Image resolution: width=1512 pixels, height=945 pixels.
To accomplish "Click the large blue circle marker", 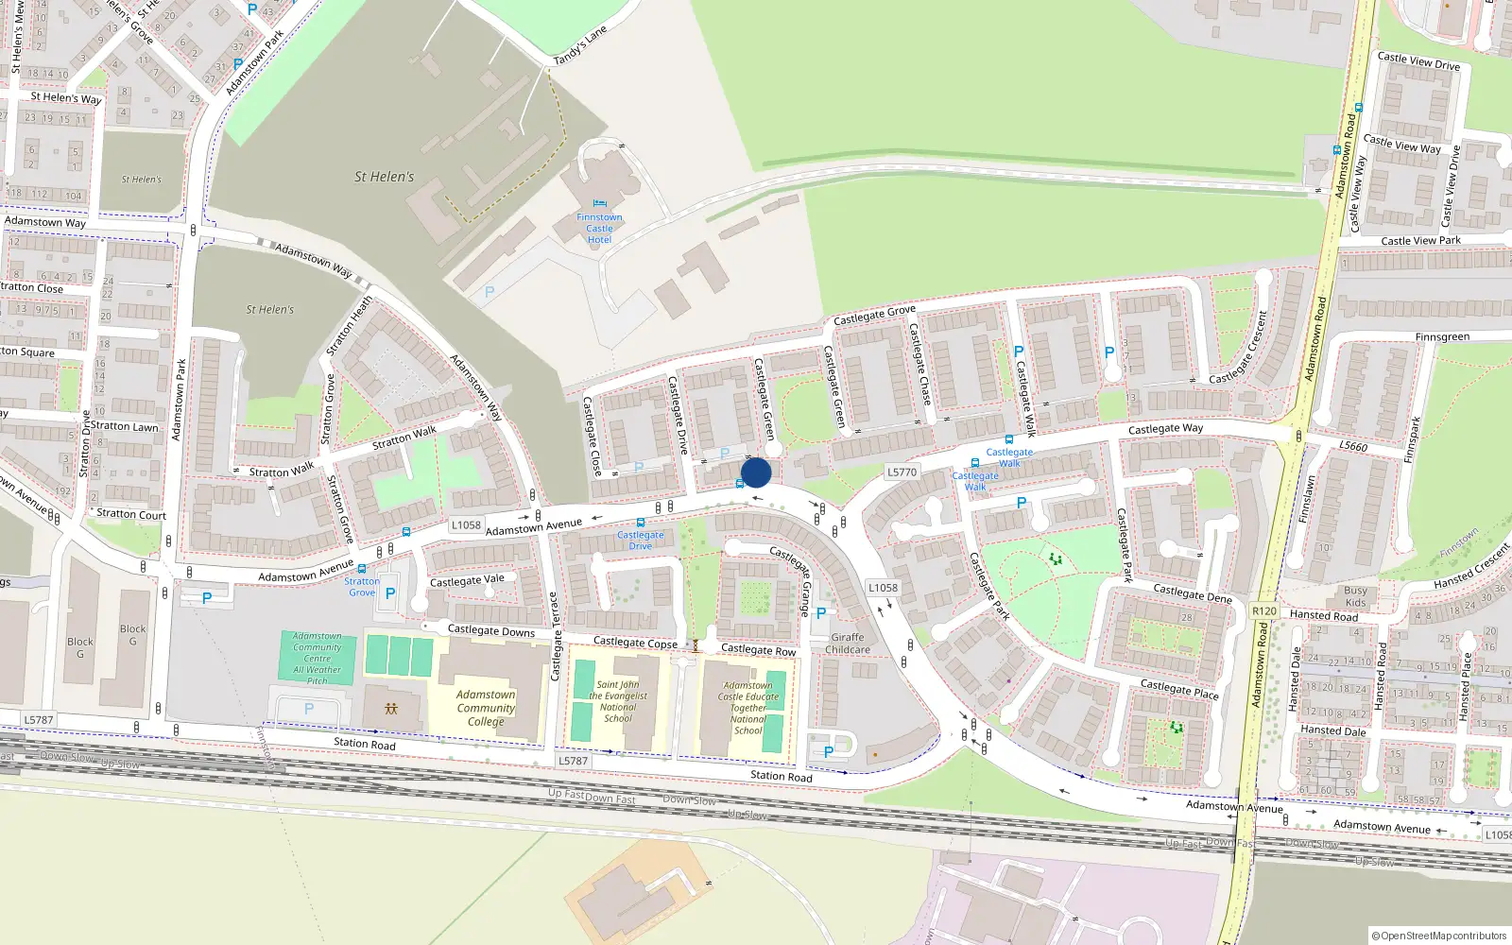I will [x=756, y=472].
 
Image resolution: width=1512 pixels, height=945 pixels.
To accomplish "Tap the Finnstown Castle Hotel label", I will [x=599, y=229].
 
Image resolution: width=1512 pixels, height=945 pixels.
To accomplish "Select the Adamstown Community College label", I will [x=486, y=708].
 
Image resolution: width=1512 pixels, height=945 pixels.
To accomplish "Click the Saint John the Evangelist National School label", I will [x=618, y=701].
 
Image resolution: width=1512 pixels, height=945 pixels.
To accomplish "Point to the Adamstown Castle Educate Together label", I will [x=748, y=708].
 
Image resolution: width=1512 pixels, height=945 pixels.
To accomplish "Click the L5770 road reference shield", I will [x=902, y=472].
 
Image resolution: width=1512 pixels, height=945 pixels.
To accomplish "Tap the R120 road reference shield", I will [x=1264, y=611].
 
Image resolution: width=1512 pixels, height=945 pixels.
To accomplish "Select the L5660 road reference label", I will [x=1353, y=446].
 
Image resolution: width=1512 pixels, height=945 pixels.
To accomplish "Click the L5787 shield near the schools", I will [x=573, y=761].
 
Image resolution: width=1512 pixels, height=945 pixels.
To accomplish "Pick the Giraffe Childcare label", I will [x=848, y=644].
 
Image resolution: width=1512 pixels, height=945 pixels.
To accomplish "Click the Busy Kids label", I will [x=1355, y=596].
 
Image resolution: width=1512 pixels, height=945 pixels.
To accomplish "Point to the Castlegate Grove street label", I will [x=874, y=315].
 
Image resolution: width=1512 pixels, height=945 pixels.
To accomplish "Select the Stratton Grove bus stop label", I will [x=362, y=587].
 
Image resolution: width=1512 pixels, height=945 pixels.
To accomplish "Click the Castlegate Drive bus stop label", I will [x=641, y=541].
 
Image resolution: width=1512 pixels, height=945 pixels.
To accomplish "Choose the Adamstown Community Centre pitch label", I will [x=318, y=659].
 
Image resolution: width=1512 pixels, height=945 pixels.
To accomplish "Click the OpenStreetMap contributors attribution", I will [x=1438, y=936].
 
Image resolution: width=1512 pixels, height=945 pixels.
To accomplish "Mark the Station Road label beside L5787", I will [x=781, y=776].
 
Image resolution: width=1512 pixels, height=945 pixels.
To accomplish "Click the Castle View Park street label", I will [x=1420, y=241].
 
